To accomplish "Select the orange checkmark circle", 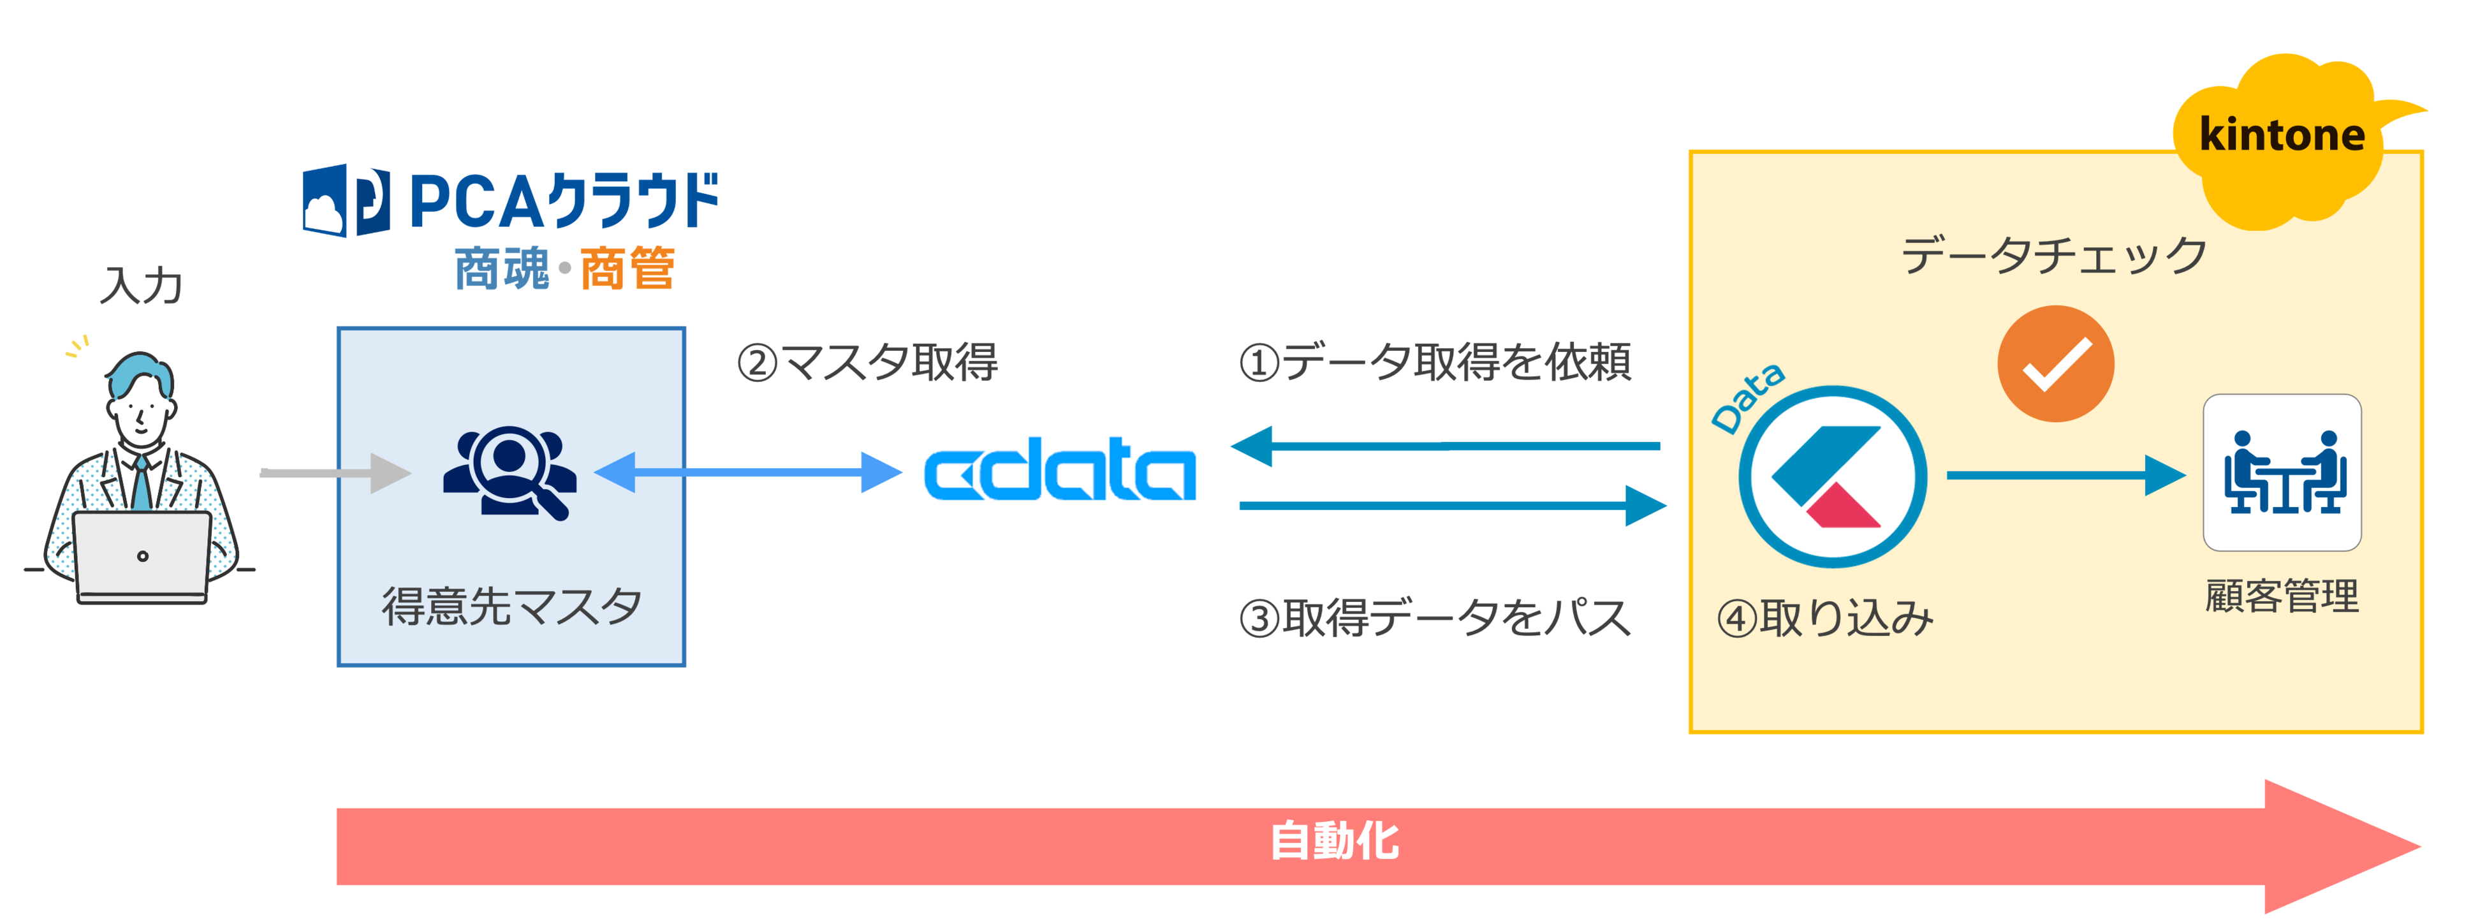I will click(x=2055, y=364).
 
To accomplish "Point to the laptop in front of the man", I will click(x=142, y=557).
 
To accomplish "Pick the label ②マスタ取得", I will click(x=867, y=363).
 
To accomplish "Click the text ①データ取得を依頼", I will click(x=1435, y=363).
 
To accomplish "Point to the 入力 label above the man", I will click(x=142, y=286).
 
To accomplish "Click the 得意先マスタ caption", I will click(x=511, y=606).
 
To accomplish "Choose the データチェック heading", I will click(x=2053, y=256).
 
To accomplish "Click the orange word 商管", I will click(x=627, y=268).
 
